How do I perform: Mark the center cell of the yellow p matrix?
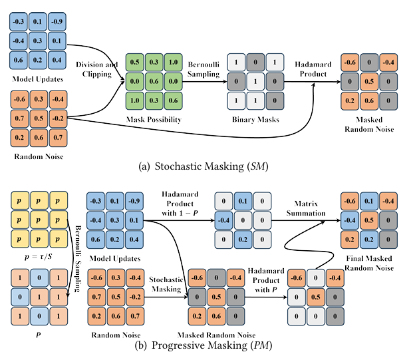click(39, 220)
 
